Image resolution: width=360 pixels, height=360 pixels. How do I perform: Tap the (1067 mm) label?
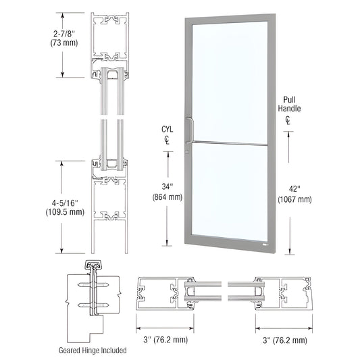(x=294, y=199)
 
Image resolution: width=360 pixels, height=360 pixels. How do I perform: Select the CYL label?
(x=166, y=130)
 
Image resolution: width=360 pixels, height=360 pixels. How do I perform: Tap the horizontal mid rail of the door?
(x=229, y=143)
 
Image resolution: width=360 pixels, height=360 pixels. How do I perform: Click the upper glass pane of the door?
(x=229, y=81)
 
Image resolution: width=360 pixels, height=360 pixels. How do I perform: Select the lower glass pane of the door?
(x=229, y=189)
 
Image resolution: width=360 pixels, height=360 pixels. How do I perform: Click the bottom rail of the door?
(x=229, y=240)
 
